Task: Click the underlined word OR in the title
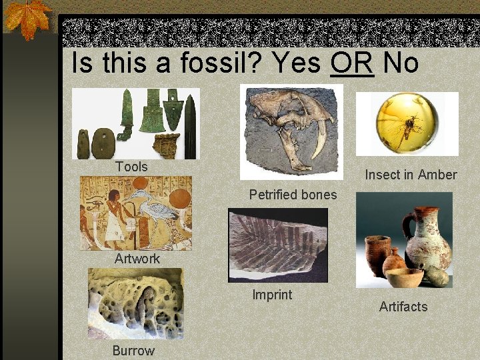point(351,63)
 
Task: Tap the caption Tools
point(131,167)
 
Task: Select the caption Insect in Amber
point(411,175)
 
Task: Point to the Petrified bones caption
point(293,195)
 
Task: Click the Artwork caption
point(137,259)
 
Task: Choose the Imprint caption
point(272,294)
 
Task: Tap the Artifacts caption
point(403,307)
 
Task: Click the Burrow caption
point(133,351)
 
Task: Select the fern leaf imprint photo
point(277,244)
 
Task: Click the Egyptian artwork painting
point(135,213)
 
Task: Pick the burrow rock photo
point(135,304)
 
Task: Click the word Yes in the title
point(297,63)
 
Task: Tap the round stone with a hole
point(101,143)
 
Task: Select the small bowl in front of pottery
point(405,277)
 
